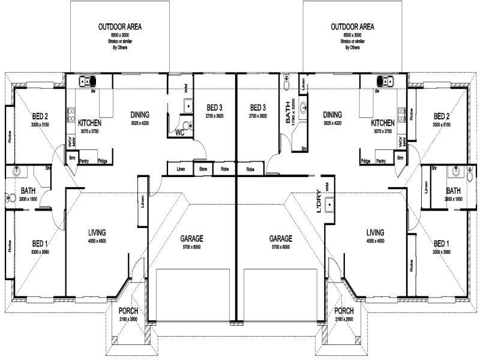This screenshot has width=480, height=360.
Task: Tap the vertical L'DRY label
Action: point(319,203)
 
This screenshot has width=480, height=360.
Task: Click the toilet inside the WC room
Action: point(189,125)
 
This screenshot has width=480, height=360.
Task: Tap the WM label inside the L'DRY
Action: point(328,188)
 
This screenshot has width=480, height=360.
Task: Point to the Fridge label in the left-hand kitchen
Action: point(103,161)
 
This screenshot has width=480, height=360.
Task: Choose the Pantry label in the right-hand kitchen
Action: point(380,161)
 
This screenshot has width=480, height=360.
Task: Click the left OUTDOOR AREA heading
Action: point(120,27)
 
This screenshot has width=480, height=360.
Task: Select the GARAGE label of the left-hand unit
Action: point(192,238)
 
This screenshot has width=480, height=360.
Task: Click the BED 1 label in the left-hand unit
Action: point(40,244)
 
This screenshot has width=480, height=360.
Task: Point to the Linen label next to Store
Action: point(181,169)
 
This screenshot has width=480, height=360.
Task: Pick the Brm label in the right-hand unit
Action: point(400,158)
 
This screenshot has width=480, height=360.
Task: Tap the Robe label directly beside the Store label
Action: point(224,169)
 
